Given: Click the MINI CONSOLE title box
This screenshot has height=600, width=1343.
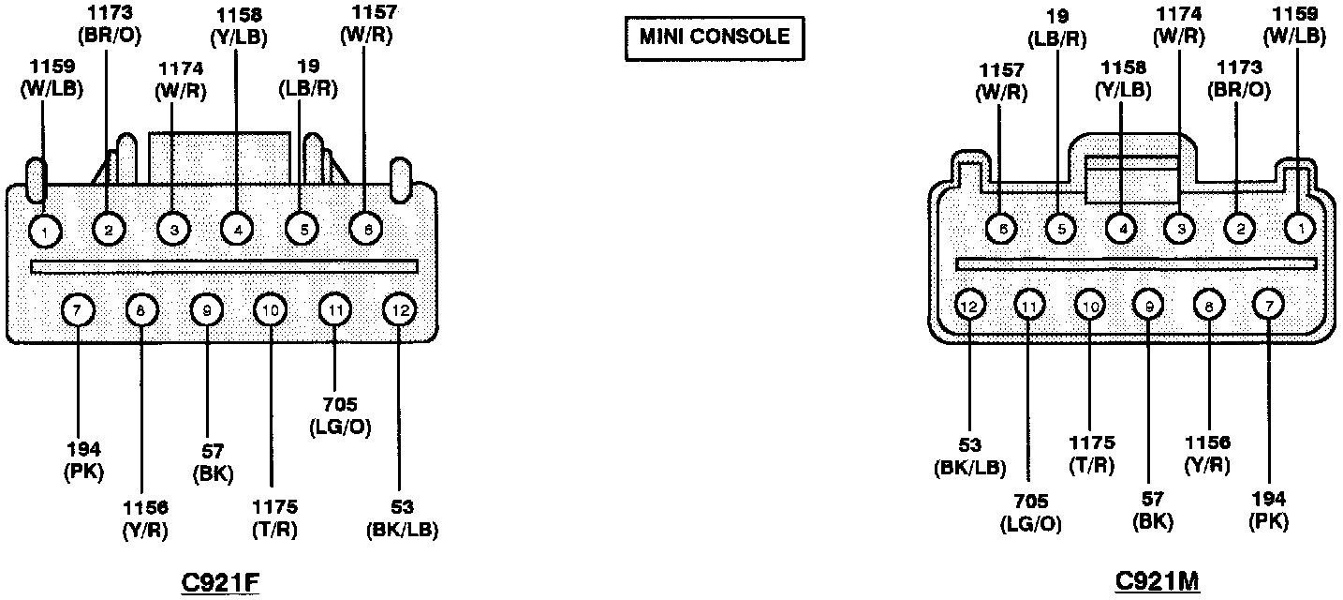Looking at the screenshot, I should pos(714,38).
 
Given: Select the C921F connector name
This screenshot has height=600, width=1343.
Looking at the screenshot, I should pos(219,582).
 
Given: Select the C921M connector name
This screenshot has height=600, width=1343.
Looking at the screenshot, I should pos(1158,582).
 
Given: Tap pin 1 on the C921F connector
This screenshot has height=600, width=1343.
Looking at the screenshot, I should pos(44,229).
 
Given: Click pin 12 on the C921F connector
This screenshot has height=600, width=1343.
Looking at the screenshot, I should pos(399,308).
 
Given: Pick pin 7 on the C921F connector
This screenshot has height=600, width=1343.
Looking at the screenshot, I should pos(79,308).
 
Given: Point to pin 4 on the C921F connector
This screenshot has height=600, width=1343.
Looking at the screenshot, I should pos(237,229).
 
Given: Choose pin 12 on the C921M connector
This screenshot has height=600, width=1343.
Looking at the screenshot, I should pos(970,305).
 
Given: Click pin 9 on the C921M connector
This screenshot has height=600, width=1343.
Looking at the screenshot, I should pos(1148,305).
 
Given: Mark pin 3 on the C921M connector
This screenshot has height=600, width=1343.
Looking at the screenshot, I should pos(1180,227).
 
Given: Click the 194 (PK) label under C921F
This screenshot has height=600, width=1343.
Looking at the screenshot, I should pos(83,460).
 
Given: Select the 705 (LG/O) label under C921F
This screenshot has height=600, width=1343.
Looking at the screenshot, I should pos(339,416).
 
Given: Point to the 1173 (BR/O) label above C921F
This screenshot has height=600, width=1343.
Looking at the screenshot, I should pos(110,25).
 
